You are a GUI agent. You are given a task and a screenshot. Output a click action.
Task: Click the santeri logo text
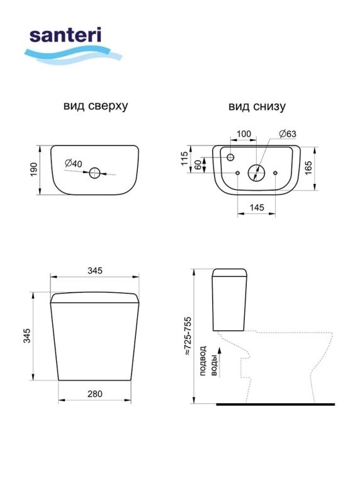click(65, 35)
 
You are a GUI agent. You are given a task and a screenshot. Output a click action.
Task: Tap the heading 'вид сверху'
click(96, 106)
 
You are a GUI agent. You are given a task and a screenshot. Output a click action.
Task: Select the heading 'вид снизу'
click(257, 106)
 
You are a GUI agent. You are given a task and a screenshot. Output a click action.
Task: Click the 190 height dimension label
click(33, 169)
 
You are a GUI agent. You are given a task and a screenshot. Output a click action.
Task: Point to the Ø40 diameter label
click(74, 163)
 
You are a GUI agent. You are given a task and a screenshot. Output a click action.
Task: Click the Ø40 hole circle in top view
click(94, 173)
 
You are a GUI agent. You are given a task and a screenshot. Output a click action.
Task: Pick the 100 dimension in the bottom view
click(244, 134)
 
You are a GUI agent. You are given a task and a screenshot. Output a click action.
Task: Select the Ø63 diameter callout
click(288, 134)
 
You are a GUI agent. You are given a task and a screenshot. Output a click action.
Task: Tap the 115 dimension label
click(184, 158)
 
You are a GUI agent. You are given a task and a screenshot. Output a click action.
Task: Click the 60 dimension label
click(198, 164)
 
